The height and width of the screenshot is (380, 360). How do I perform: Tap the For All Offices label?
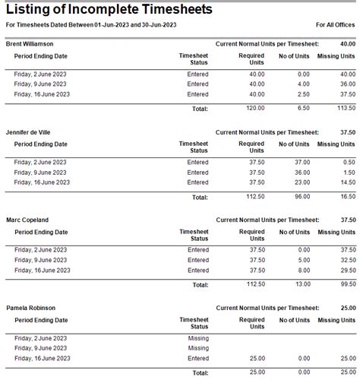[x=335, y=24]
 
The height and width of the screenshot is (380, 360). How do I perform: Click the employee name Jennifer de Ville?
[x=30, y=132]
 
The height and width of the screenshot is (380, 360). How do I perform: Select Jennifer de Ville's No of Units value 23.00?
[x=301, y=182]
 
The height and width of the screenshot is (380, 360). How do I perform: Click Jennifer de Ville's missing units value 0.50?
[x=349, y=161]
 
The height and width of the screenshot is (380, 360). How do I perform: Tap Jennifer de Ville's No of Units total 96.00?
[x=301, y=197]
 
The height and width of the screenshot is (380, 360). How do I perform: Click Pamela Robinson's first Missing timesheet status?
[x=197, y=337]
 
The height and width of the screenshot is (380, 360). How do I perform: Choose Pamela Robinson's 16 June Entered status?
[x=197, y=359]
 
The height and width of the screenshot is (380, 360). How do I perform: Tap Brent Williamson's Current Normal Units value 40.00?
[x=347, y=44]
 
